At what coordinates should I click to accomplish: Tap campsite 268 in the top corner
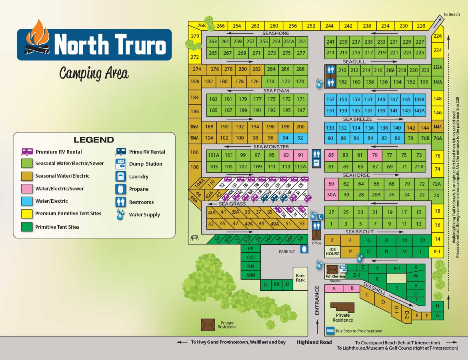pos(201,26)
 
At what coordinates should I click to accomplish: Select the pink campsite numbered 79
pos(375,155)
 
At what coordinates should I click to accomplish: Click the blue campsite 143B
pos(419,99)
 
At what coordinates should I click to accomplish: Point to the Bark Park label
pos(300,278)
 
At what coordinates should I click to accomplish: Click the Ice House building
pos(332,251)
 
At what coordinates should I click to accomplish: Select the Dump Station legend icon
pos(121,164)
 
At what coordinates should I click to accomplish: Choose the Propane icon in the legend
pos(121,189)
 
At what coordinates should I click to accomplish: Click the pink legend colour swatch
pos(27,188)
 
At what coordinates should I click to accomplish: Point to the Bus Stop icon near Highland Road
pos(330,331)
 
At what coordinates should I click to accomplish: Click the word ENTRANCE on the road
pos(317,300)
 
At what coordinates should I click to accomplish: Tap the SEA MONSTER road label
pos(271,147)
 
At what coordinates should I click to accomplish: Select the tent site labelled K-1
pos(437,251)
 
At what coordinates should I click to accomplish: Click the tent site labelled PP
pos(251,248)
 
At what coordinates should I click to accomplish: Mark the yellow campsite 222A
pos(437,67)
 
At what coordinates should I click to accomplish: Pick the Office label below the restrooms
pos(316,243)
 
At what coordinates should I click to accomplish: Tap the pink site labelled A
pos(333,288)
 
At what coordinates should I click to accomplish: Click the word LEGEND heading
pos(94,140)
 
